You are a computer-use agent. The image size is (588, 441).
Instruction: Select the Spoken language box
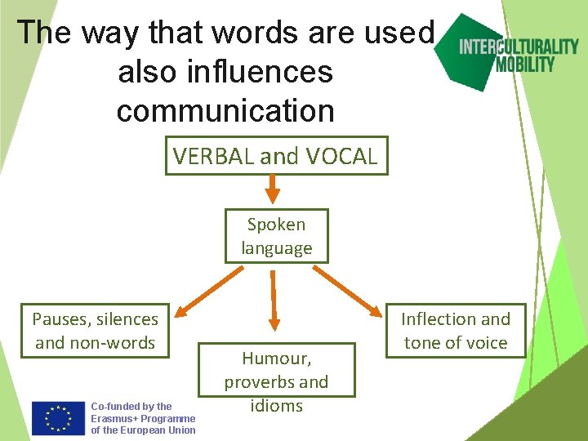coord(277,236)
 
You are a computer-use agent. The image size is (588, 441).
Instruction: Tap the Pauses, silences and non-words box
coord(96,331)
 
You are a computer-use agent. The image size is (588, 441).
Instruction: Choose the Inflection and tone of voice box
coord(456,331)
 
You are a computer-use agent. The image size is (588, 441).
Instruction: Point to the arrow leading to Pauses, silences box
coord(205,291)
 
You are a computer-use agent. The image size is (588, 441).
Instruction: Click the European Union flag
coord(58,417)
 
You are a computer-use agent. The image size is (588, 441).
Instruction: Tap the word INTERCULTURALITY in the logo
coord(519,47)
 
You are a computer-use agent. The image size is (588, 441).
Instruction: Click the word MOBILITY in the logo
coord(525,64)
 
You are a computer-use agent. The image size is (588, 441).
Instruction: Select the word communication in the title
coord(225,110)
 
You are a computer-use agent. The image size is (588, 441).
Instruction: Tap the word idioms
coord(277,406)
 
